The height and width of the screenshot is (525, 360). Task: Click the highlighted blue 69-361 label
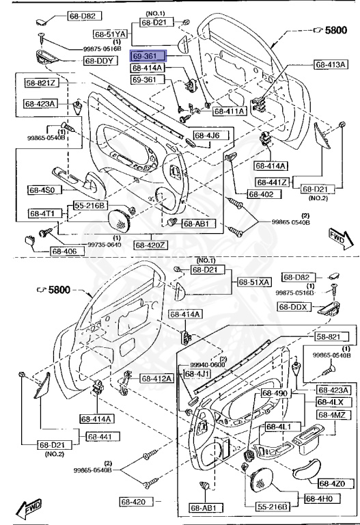(146, 57)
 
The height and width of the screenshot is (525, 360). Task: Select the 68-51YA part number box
(111, 33)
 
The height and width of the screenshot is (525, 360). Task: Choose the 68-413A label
(331, 65)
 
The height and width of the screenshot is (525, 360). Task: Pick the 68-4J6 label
(206, 135)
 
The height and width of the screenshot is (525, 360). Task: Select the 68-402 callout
(260, 194)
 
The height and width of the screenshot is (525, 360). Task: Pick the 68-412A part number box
(157, 378)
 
